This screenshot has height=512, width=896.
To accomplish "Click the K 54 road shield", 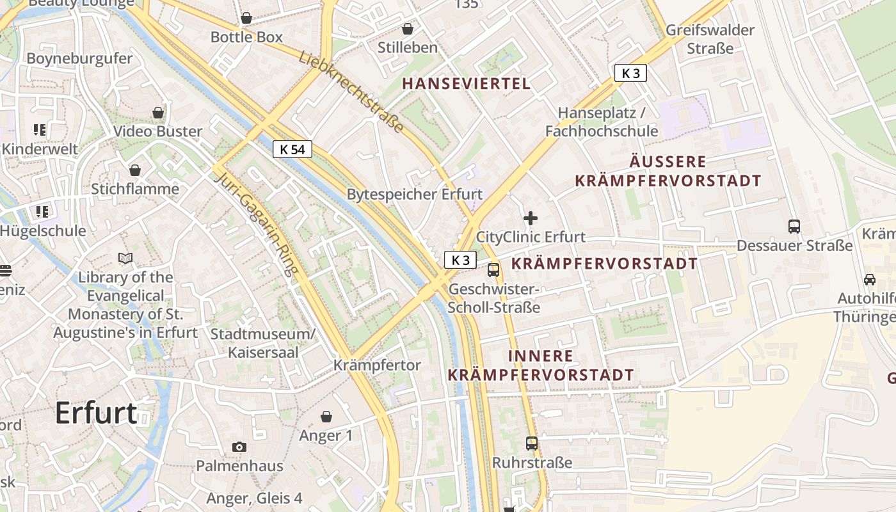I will [x=292, y=150].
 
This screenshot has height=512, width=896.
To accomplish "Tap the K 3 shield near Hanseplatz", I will [x=630, y=73].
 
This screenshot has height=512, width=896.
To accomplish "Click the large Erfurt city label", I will [x=96, y=413].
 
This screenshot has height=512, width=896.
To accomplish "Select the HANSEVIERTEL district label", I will [x=467, y=83].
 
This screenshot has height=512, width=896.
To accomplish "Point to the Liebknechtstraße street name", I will [x=351, y=92].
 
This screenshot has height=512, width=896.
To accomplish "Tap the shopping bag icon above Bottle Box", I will [x=246, y=18].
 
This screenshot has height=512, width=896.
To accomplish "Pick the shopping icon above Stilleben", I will [x=408, y=29].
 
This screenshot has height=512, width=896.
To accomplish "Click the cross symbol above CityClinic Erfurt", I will [x=531, y=218].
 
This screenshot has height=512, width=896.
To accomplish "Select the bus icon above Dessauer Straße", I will [x=794, y=226].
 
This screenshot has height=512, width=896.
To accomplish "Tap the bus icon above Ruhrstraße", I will [x=532, y=443].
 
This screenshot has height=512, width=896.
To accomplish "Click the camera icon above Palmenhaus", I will [x=239, y=447].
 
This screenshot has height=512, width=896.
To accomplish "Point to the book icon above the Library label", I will [x=126, y=259].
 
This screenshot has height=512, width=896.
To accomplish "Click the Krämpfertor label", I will [x=378, y=365].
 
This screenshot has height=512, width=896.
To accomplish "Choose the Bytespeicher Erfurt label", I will [x=415, y=194].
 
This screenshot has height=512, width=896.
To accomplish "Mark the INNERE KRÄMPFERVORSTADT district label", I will [x=541, y=365].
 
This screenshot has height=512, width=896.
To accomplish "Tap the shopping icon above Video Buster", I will [x=158, y=113].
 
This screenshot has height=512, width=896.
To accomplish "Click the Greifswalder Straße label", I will [x=710, y=38].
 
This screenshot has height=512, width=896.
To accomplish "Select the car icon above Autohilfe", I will [x=870, y=279].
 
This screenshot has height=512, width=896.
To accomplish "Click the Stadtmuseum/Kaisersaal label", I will [x=263, y=343].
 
